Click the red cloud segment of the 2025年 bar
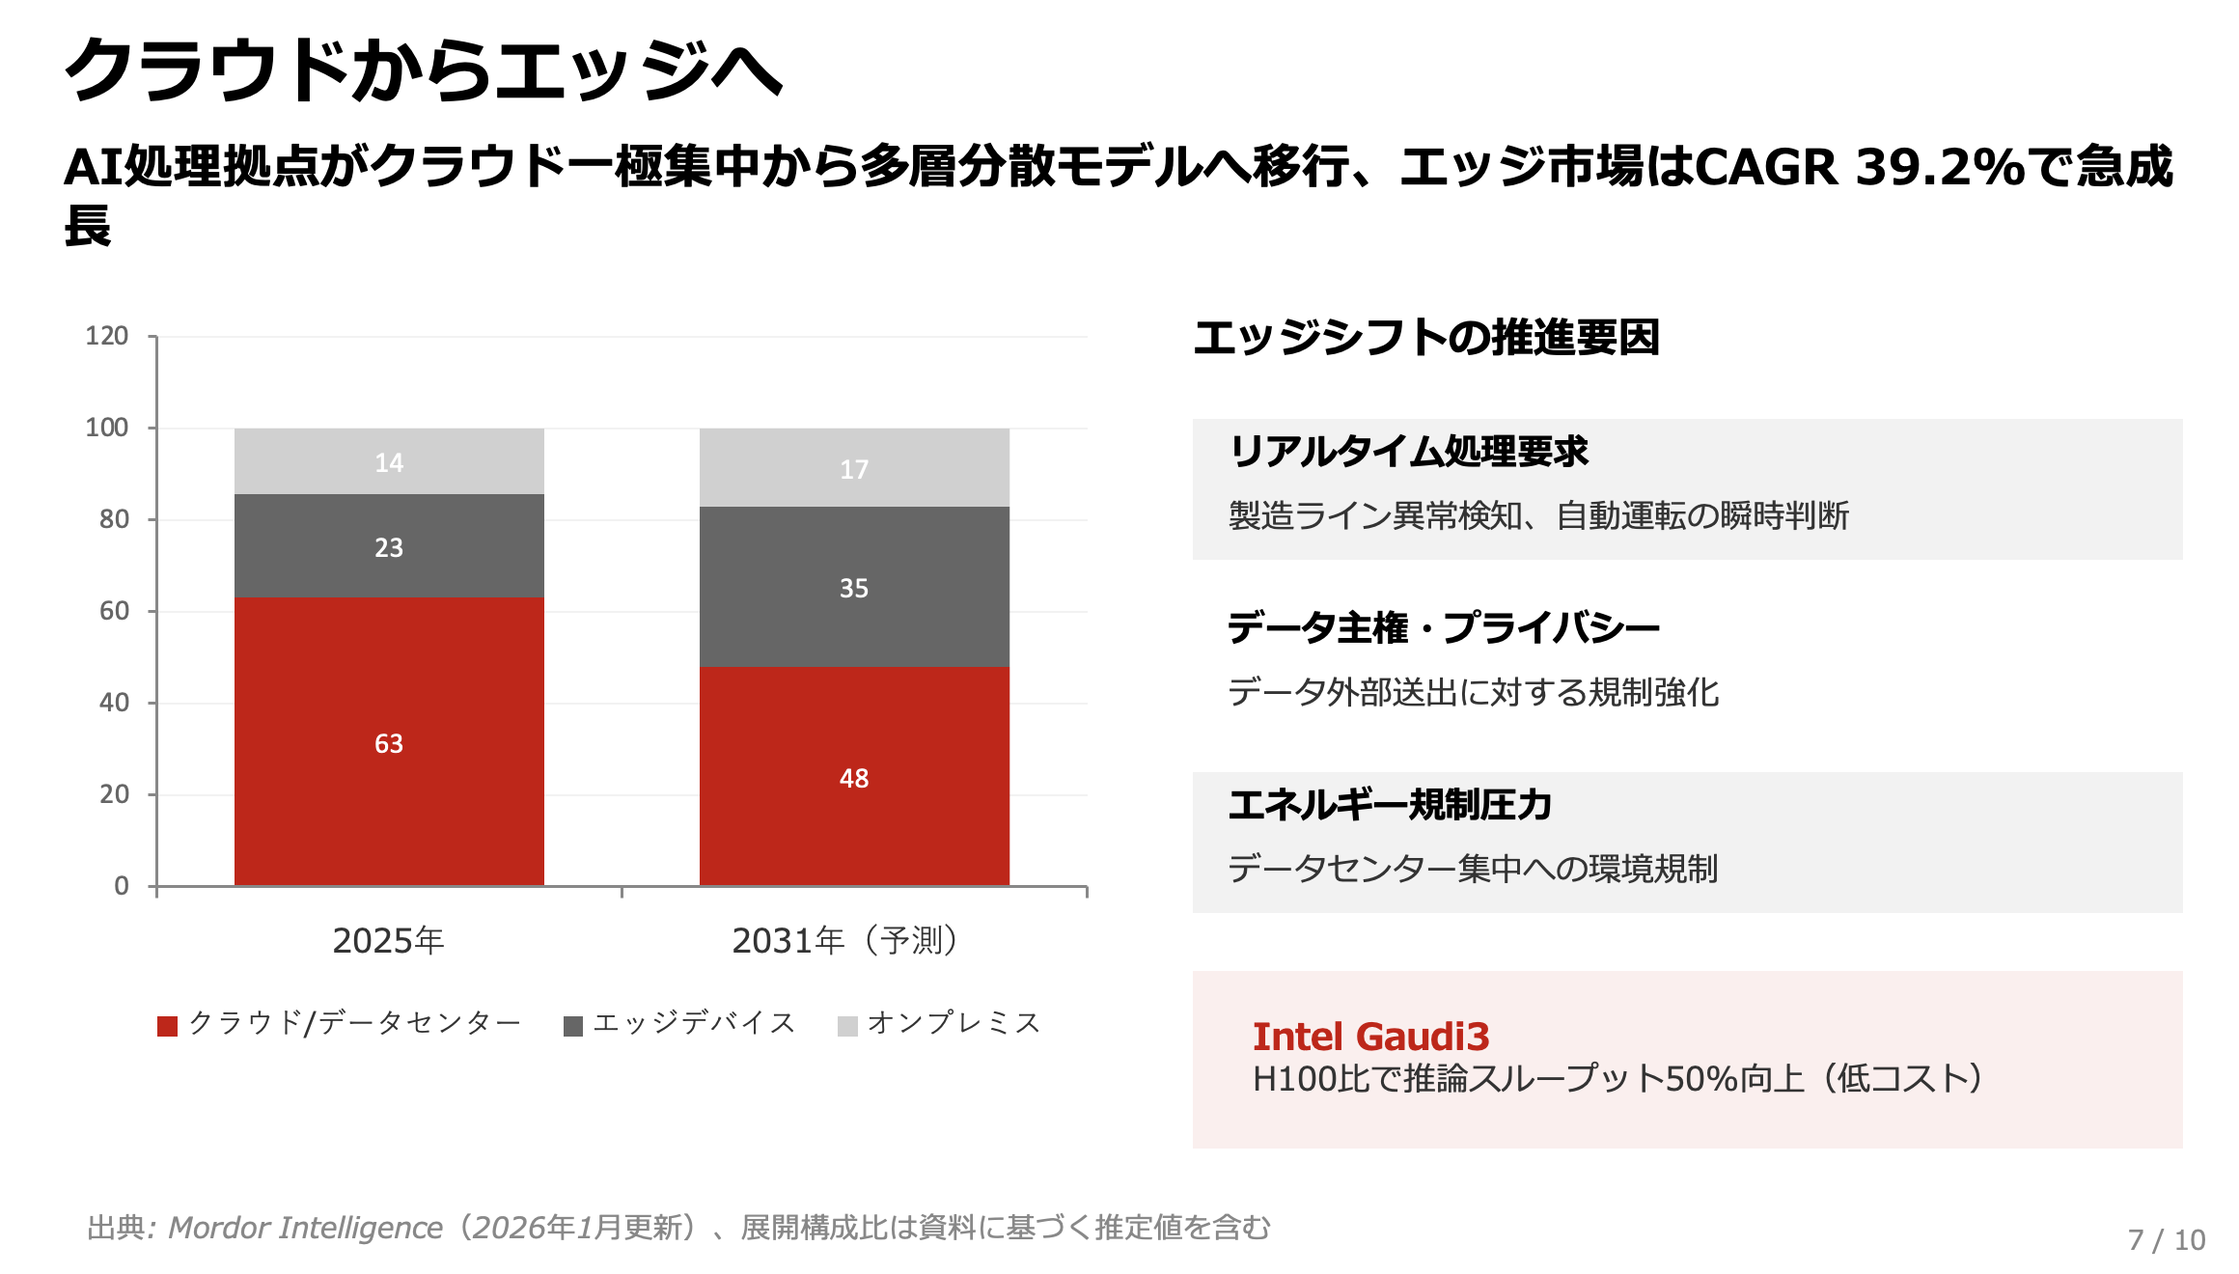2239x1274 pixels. (389, 676)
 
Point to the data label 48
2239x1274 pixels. (853, 778)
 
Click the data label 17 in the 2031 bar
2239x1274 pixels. (853, 469)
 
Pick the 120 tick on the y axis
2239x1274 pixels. (106, 336)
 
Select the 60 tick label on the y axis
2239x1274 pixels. (114, 611)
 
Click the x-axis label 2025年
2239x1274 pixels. (388, 940)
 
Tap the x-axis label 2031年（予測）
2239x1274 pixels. (845, 940)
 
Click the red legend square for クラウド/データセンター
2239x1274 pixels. (167, 1026)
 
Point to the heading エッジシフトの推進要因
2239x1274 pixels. (1425, 338)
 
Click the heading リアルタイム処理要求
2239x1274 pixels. (1408, 452)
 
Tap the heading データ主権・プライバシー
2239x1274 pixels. (1443, 628)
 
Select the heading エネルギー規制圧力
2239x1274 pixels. (1390, 805)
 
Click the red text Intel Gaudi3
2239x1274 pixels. (1370, 1037)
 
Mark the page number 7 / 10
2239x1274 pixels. (2166, 1239)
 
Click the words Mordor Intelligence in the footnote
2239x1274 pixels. (305, 1228)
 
